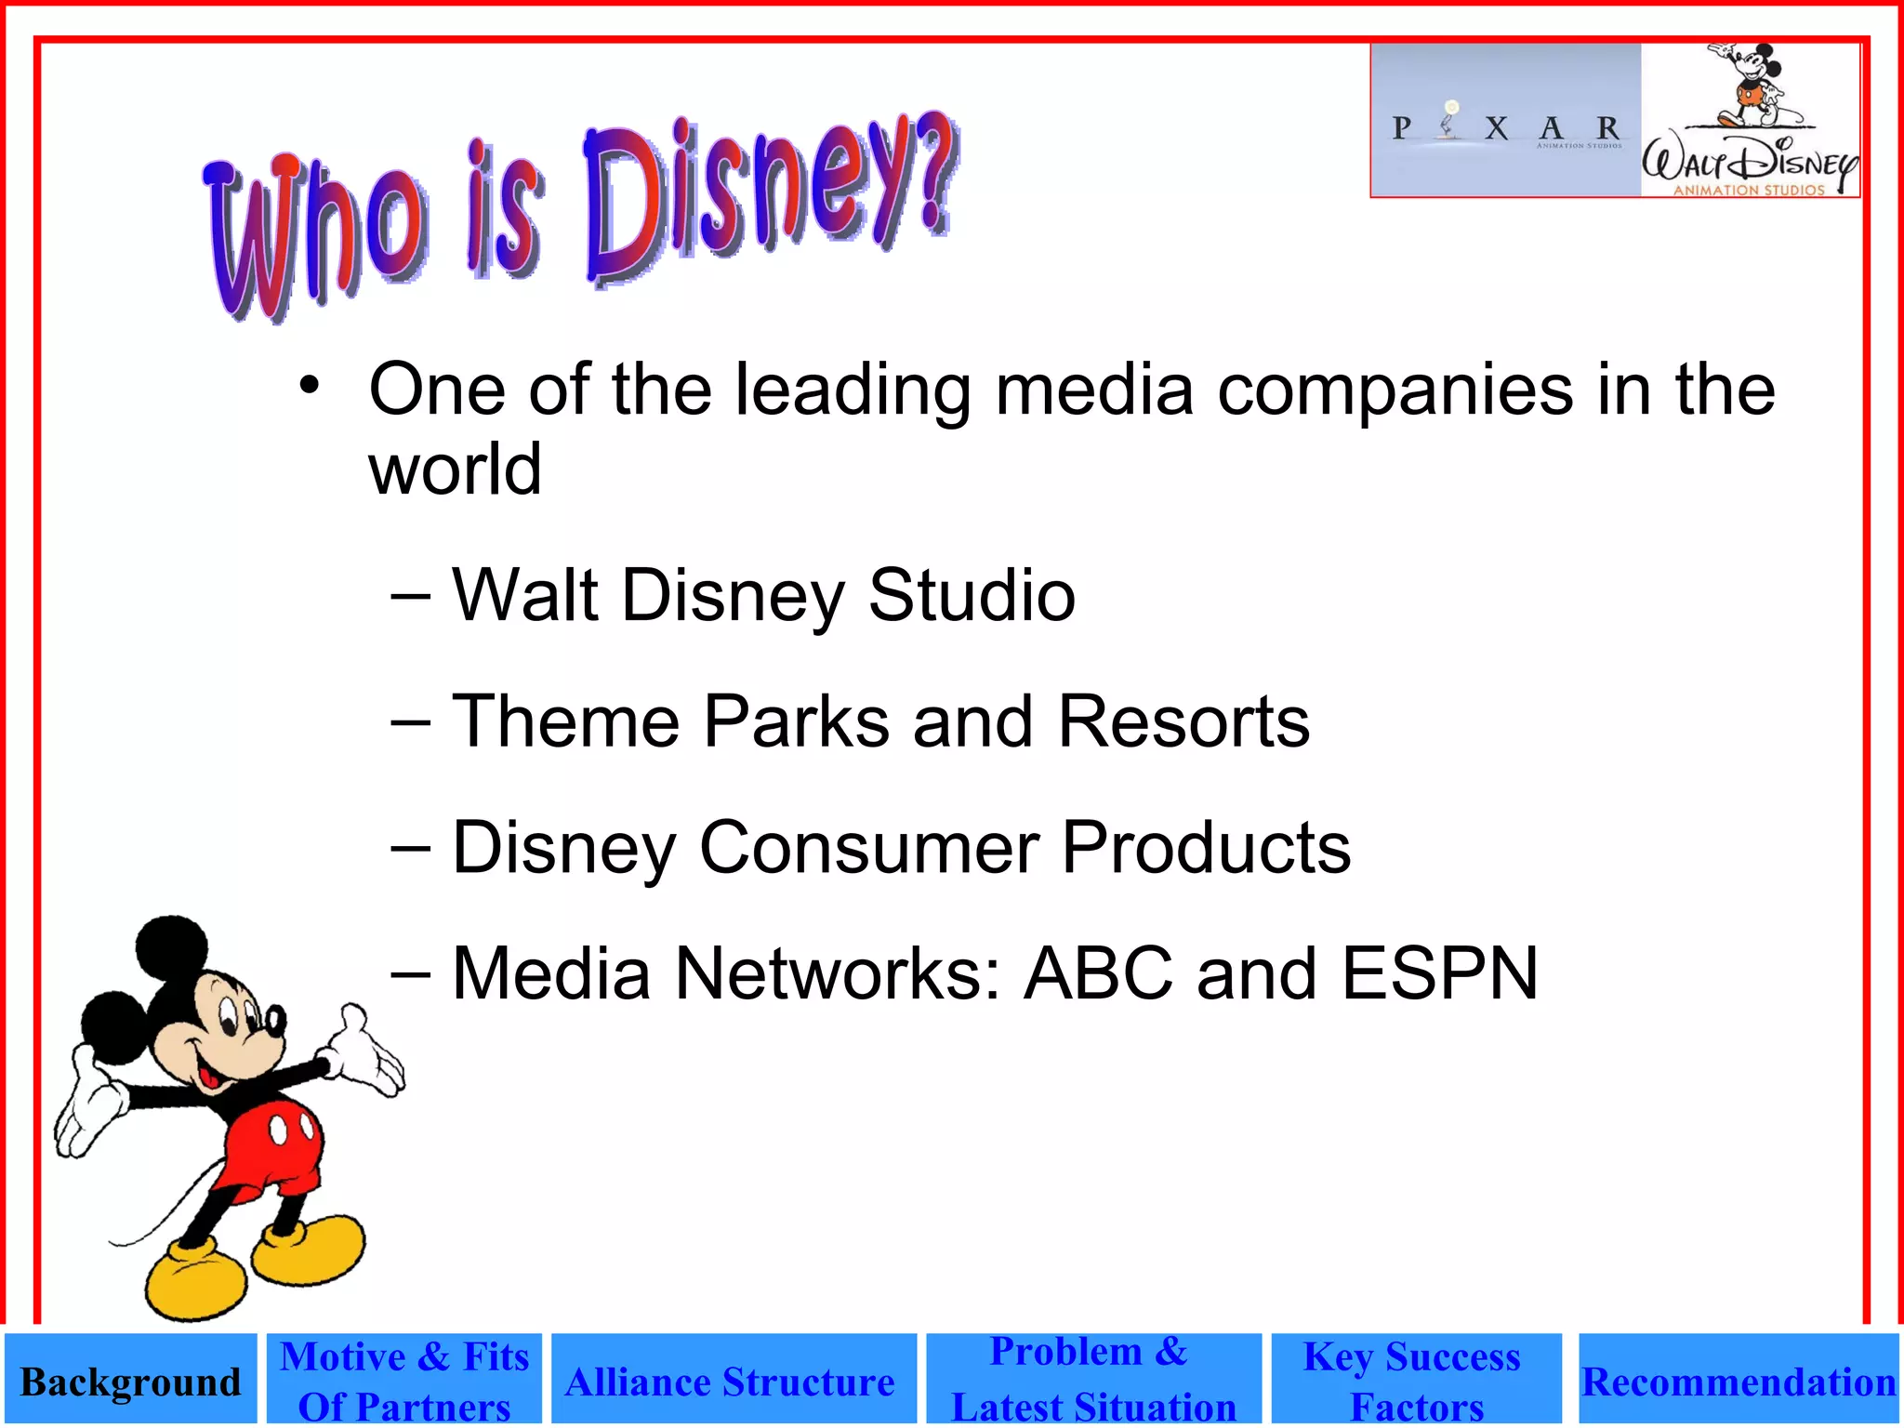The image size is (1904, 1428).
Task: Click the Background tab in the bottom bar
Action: pyautogui.click(x=130, y=1381)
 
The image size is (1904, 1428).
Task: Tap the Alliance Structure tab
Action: pyautogui.click(x=734, y=1381)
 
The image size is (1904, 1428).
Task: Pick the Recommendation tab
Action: pyautogui.click(x=1739, y=1381)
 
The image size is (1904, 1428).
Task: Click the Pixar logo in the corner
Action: pyautogui.click(x=1506, y=121)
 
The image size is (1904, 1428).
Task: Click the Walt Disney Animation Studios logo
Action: pyautogui.click(x=1751, y=121)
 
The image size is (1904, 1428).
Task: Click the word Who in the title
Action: pyautogui.click(x=316, y=237)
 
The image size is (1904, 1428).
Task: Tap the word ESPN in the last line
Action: pyautogui.click(x=1440, y=973)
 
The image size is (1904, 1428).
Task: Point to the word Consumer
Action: pyautogui.click(x=868, y=848)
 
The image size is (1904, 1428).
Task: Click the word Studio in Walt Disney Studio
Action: pyautogui.click(x=972, y=595)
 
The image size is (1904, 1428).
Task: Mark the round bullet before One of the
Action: pyautogui.click(x=310, y=385)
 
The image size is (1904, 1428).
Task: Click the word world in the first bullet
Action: pyautogui.click(x=455, y=469)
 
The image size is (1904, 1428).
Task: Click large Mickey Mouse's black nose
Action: pyautogui.click(x=276, y=1021)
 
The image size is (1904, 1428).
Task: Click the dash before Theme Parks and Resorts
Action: pyautogui.click(x=411, y=722)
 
